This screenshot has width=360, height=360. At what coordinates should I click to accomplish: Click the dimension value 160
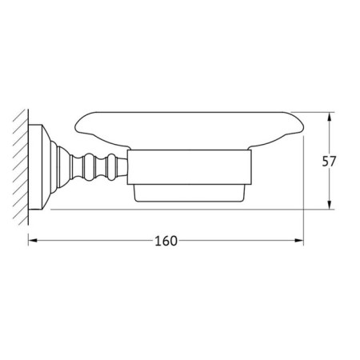(166, 241)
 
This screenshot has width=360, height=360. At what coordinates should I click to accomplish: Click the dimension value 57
(329, 162)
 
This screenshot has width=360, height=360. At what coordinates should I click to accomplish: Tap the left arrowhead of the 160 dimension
(32, 241)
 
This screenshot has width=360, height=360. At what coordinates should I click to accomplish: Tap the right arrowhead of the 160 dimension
(299, 241)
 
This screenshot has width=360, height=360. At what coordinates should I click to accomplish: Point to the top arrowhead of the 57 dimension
(330, 117)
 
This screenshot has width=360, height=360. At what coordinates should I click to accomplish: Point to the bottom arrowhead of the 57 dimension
(330, 205)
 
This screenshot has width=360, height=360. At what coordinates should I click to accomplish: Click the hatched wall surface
(21, 167)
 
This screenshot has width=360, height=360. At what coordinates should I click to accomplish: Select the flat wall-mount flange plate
(35, 167)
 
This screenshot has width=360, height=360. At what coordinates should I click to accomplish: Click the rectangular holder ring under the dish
(190, 167)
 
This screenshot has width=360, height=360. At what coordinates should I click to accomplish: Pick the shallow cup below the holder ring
(190, 193)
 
